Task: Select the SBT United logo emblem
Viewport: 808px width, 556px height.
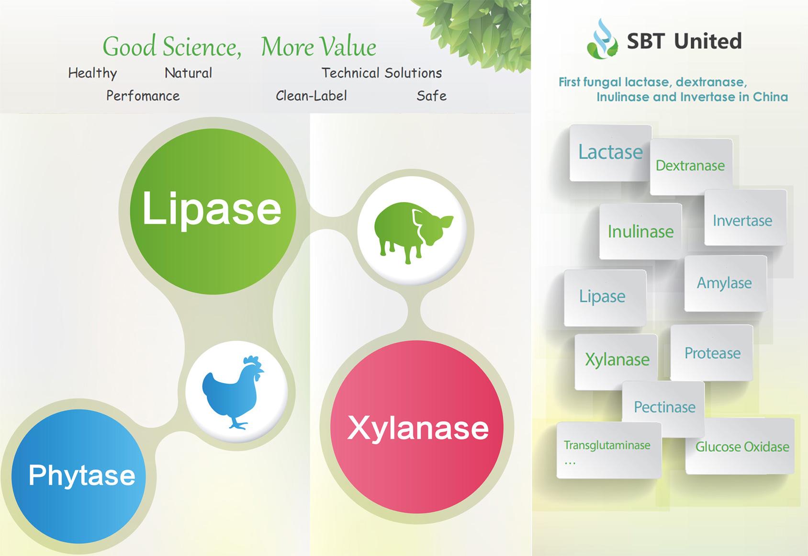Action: click(602, 39)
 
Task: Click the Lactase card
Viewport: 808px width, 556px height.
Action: click(610, 153)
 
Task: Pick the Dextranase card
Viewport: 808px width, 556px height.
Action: click(691, 167)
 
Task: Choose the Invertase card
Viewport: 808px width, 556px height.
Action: click(746, 217)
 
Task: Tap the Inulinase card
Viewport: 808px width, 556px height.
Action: click(640, 231)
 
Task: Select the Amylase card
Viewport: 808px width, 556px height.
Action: click(725, 283)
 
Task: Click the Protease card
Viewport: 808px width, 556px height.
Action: click(712, 352)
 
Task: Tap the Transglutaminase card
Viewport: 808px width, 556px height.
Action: click(609, 450)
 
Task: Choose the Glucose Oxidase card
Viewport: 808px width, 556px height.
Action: click(740, 446)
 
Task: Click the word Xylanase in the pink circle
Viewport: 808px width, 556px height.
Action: click(418, 428)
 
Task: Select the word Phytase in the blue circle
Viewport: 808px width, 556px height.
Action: click(82, 476)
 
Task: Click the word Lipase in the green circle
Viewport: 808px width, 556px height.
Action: click(212, 210)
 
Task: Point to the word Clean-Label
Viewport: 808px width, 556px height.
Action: click(311, 96)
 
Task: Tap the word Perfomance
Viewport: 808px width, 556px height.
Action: click(143, 96)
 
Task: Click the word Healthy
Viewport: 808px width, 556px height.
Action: click(92, 73)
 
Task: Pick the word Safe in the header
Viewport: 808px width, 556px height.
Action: click(431, 96)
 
